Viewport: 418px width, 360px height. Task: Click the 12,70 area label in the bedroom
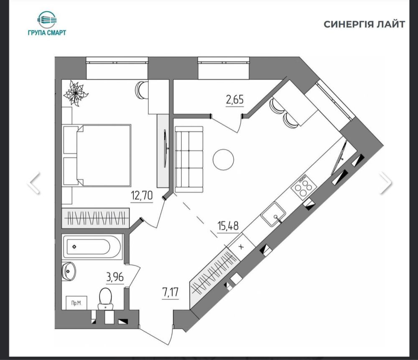(142, 196)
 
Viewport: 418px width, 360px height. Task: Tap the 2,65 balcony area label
(234, 100)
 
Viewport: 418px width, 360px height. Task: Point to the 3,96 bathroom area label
(115, 277)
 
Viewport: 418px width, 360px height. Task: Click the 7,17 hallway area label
(170, 293)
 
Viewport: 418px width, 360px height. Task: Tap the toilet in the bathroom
(105, 298)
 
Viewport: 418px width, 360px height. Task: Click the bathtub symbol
(92, 246)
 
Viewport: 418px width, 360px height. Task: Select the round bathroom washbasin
(69, 271)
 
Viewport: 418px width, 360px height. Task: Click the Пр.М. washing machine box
(76, 303)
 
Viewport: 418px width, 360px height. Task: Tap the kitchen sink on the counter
(273, 214)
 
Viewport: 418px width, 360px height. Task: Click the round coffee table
(223, 160)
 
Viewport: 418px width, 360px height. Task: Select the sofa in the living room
(189, 159)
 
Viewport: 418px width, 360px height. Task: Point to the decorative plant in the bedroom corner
(76, 94)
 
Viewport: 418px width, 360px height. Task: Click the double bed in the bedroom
(97, 155)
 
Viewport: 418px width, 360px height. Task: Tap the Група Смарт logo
(47, 23)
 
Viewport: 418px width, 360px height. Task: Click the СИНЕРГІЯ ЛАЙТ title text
(364, 24)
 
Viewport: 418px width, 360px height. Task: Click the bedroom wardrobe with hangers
(96, 218)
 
